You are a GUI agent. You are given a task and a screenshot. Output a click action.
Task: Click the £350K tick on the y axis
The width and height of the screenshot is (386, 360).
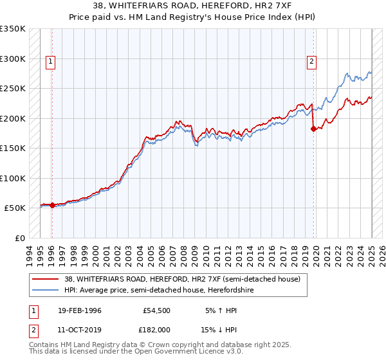(x=13, y=29)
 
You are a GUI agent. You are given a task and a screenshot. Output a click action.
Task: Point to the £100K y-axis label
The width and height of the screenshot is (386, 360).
(x=13, y=178)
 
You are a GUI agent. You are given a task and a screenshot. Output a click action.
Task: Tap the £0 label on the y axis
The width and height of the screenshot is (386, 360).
(x=19, y=238)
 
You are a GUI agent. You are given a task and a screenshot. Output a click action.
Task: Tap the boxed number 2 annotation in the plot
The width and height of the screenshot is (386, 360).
(x=311, y=62)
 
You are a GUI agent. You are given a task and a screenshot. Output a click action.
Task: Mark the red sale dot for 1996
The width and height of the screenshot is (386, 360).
(x=52, y=206)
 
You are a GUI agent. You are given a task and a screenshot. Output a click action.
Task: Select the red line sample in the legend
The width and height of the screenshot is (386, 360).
(x=46, y=279)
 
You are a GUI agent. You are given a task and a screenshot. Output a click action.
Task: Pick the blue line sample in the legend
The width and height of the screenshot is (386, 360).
(x=46, y=290)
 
